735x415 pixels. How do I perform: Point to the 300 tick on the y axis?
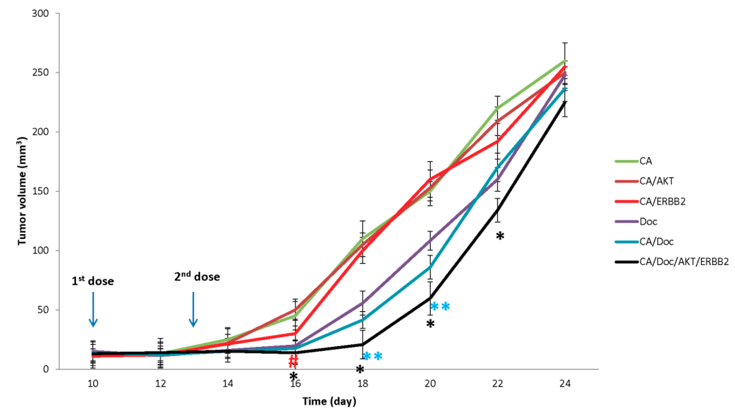pyautogui.click(x=40, y=13)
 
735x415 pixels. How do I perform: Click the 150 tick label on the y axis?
pyautogui.click(x=40, y=191)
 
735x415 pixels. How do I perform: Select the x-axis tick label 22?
pyautogui.click(x=498, y=384)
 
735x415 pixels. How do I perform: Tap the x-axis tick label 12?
pyautogui.click(x=161, y=384)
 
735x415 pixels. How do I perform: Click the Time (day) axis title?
pyautogui.click(x=329, y=401)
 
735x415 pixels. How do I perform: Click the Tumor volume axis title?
pyautogui.click(x=22, y=191)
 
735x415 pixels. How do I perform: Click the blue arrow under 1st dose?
pyautogui.click(x=93, y=309)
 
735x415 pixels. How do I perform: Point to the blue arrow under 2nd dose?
pyautogui.click(x=193, y=309)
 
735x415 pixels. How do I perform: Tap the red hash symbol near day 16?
pyautogui.click(x=293, y=361)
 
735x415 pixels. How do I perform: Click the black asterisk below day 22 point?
pyautogui.click(x=500, y=236)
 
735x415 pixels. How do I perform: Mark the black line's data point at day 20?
pyautogui.click(x=430, y=298)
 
